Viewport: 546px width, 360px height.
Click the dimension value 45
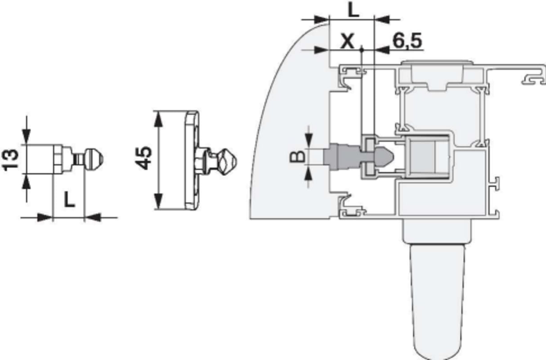coord(143,158)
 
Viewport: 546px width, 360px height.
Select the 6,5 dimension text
coord(407,41)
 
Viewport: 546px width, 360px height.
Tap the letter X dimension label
coord(347,41)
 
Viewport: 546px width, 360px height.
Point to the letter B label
coord(297,157)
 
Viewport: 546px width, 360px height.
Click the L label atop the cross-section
coord(353,10)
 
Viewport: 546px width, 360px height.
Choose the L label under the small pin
coord(69,199)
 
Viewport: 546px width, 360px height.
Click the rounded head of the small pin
coord(94,158)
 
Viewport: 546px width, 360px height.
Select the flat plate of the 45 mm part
coord(192,160)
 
